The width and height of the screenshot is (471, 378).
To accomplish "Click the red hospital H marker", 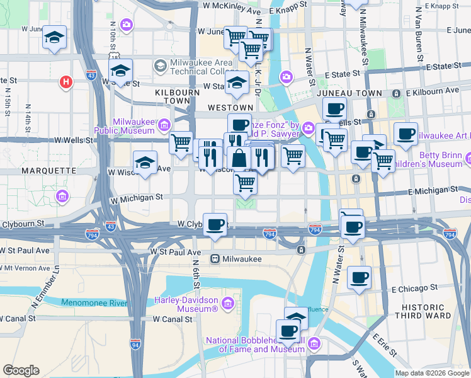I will [x=65, y=81].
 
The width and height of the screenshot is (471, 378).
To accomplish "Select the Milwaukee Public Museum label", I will [x=125, y=126].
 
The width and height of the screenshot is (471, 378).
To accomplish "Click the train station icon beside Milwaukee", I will [x=215, y=258].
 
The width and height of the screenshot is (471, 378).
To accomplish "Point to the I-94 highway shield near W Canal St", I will [x=135, y=344].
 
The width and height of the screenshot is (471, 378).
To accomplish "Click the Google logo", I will [x=21, y=370].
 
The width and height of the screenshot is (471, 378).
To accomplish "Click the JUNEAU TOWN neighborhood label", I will [x=344, y=93].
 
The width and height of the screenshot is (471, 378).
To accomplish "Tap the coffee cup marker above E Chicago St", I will [x=359, y=277].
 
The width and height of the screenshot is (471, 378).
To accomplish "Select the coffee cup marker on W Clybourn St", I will [x=215, y=224].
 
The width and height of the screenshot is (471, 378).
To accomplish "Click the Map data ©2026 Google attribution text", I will [x=431, y=373].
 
